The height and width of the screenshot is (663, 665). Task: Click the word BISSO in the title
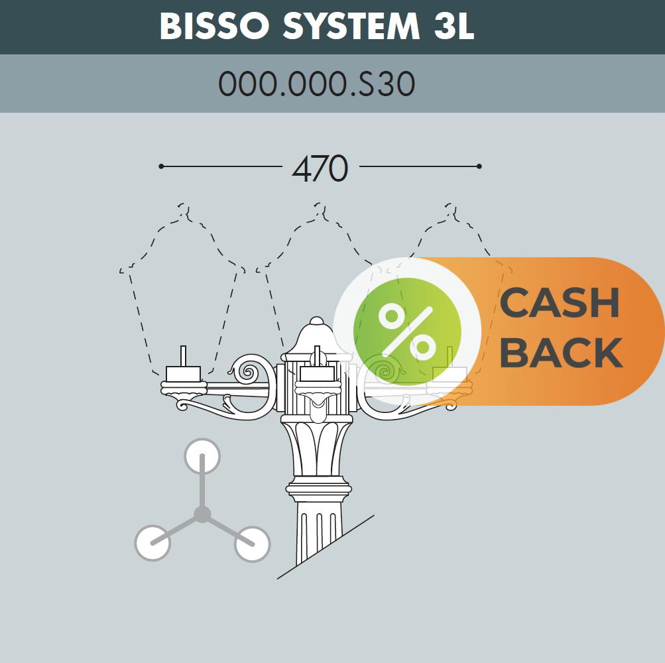[215, 26]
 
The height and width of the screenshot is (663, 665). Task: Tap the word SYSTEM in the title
[351, 26]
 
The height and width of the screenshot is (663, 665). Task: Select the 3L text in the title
[454, 26]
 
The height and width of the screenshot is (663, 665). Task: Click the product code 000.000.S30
[316, 84]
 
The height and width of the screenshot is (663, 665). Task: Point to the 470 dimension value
[320, 168]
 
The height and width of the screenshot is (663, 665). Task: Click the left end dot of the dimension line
[161, 166]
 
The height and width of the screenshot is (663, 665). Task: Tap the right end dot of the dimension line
[479, 166]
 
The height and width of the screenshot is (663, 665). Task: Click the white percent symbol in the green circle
[407, 332]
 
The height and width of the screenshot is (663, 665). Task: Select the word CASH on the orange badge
[560, 302]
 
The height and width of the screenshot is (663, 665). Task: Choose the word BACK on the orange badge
[562, 353]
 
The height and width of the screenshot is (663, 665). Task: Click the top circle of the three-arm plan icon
[202, 456]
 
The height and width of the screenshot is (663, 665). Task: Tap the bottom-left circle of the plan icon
[152, 543]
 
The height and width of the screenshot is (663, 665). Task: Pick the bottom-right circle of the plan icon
[253, 544]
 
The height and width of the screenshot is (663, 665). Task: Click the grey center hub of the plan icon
[202, 514]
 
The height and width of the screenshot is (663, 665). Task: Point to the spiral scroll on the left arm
[248, 373]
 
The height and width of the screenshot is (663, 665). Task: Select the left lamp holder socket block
[183, 374]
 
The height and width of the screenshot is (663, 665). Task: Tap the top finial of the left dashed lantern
[183, 210]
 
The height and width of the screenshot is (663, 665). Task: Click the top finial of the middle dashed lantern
[320, 210]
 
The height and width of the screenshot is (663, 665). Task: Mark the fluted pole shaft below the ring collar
[319, 534]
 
